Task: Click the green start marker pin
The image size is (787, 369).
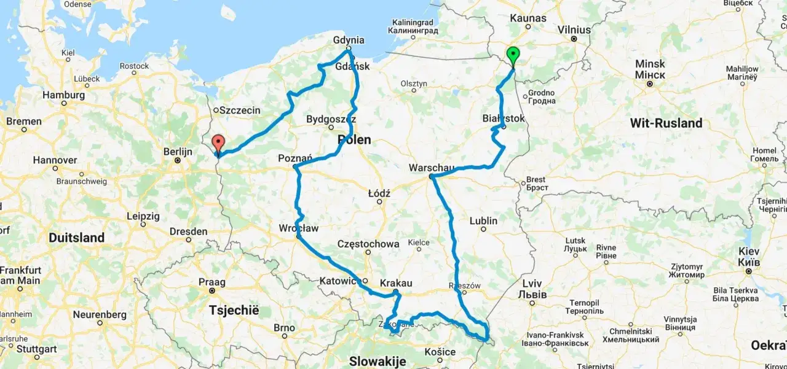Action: click(x=513, y=56)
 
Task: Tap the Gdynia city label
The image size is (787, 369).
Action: click(x=349, y=40)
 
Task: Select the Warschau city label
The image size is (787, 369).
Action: click(x=432, y=168)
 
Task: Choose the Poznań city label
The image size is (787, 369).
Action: click(x=295, y=158)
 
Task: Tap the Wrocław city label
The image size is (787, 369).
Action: click(x=299, y=228)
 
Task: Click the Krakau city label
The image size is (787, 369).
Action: click(x=396, y=283)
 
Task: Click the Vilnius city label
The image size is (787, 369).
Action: click(x=574, y=29)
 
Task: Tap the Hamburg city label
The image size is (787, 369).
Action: click(x=64, y=95)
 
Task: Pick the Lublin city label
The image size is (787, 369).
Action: click(x=483, y=220)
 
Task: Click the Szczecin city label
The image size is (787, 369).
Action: click(x=240, y=111)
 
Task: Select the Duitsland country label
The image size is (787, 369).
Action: click(x=76, y=238)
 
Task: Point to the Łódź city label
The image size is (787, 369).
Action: click(x=379, y=193)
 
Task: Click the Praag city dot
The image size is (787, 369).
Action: click(x=212, y=290)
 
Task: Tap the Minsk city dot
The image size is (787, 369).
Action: click(x=650, y=83)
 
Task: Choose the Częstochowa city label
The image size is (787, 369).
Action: click(x=368, y=244)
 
